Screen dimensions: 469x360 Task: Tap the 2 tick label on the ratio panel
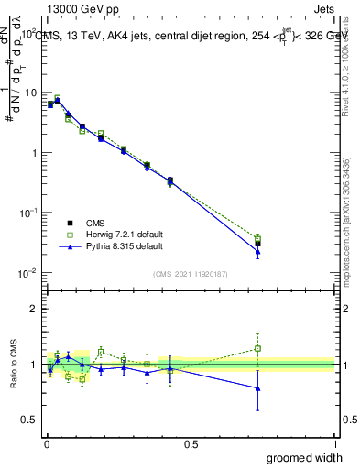coord(36,309)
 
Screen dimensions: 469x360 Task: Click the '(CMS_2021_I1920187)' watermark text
coord(191,274)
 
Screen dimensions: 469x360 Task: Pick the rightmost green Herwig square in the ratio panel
coord(258,348)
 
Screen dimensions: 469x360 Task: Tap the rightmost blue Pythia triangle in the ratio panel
coord(258,388)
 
